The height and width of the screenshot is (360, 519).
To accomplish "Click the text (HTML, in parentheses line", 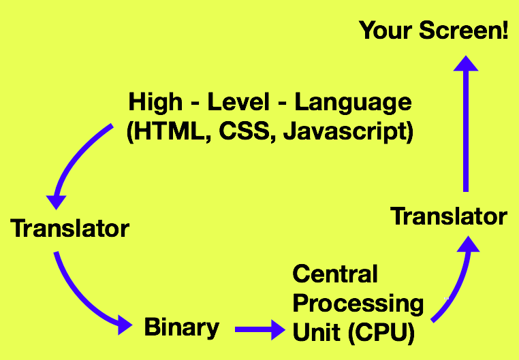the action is [168, 131].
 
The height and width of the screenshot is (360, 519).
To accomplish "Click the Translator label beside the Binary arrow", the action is [69, 228].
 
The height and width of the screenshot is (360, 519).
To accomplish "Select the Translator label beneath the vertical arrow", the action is [448, 217].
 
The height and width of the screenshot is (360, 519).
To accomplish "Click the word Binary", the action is [181, 327].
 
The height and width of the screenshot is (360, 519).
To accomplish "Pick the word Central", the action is [334, 275].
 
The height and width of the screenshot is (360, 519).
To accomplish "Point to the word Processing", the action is [358, 303].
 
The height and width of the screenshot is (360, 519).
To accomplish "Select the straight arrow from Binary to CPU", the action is [259, 331].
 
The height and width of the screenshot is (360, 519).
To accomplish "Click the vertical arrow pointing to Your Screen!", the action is [466, 122].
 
